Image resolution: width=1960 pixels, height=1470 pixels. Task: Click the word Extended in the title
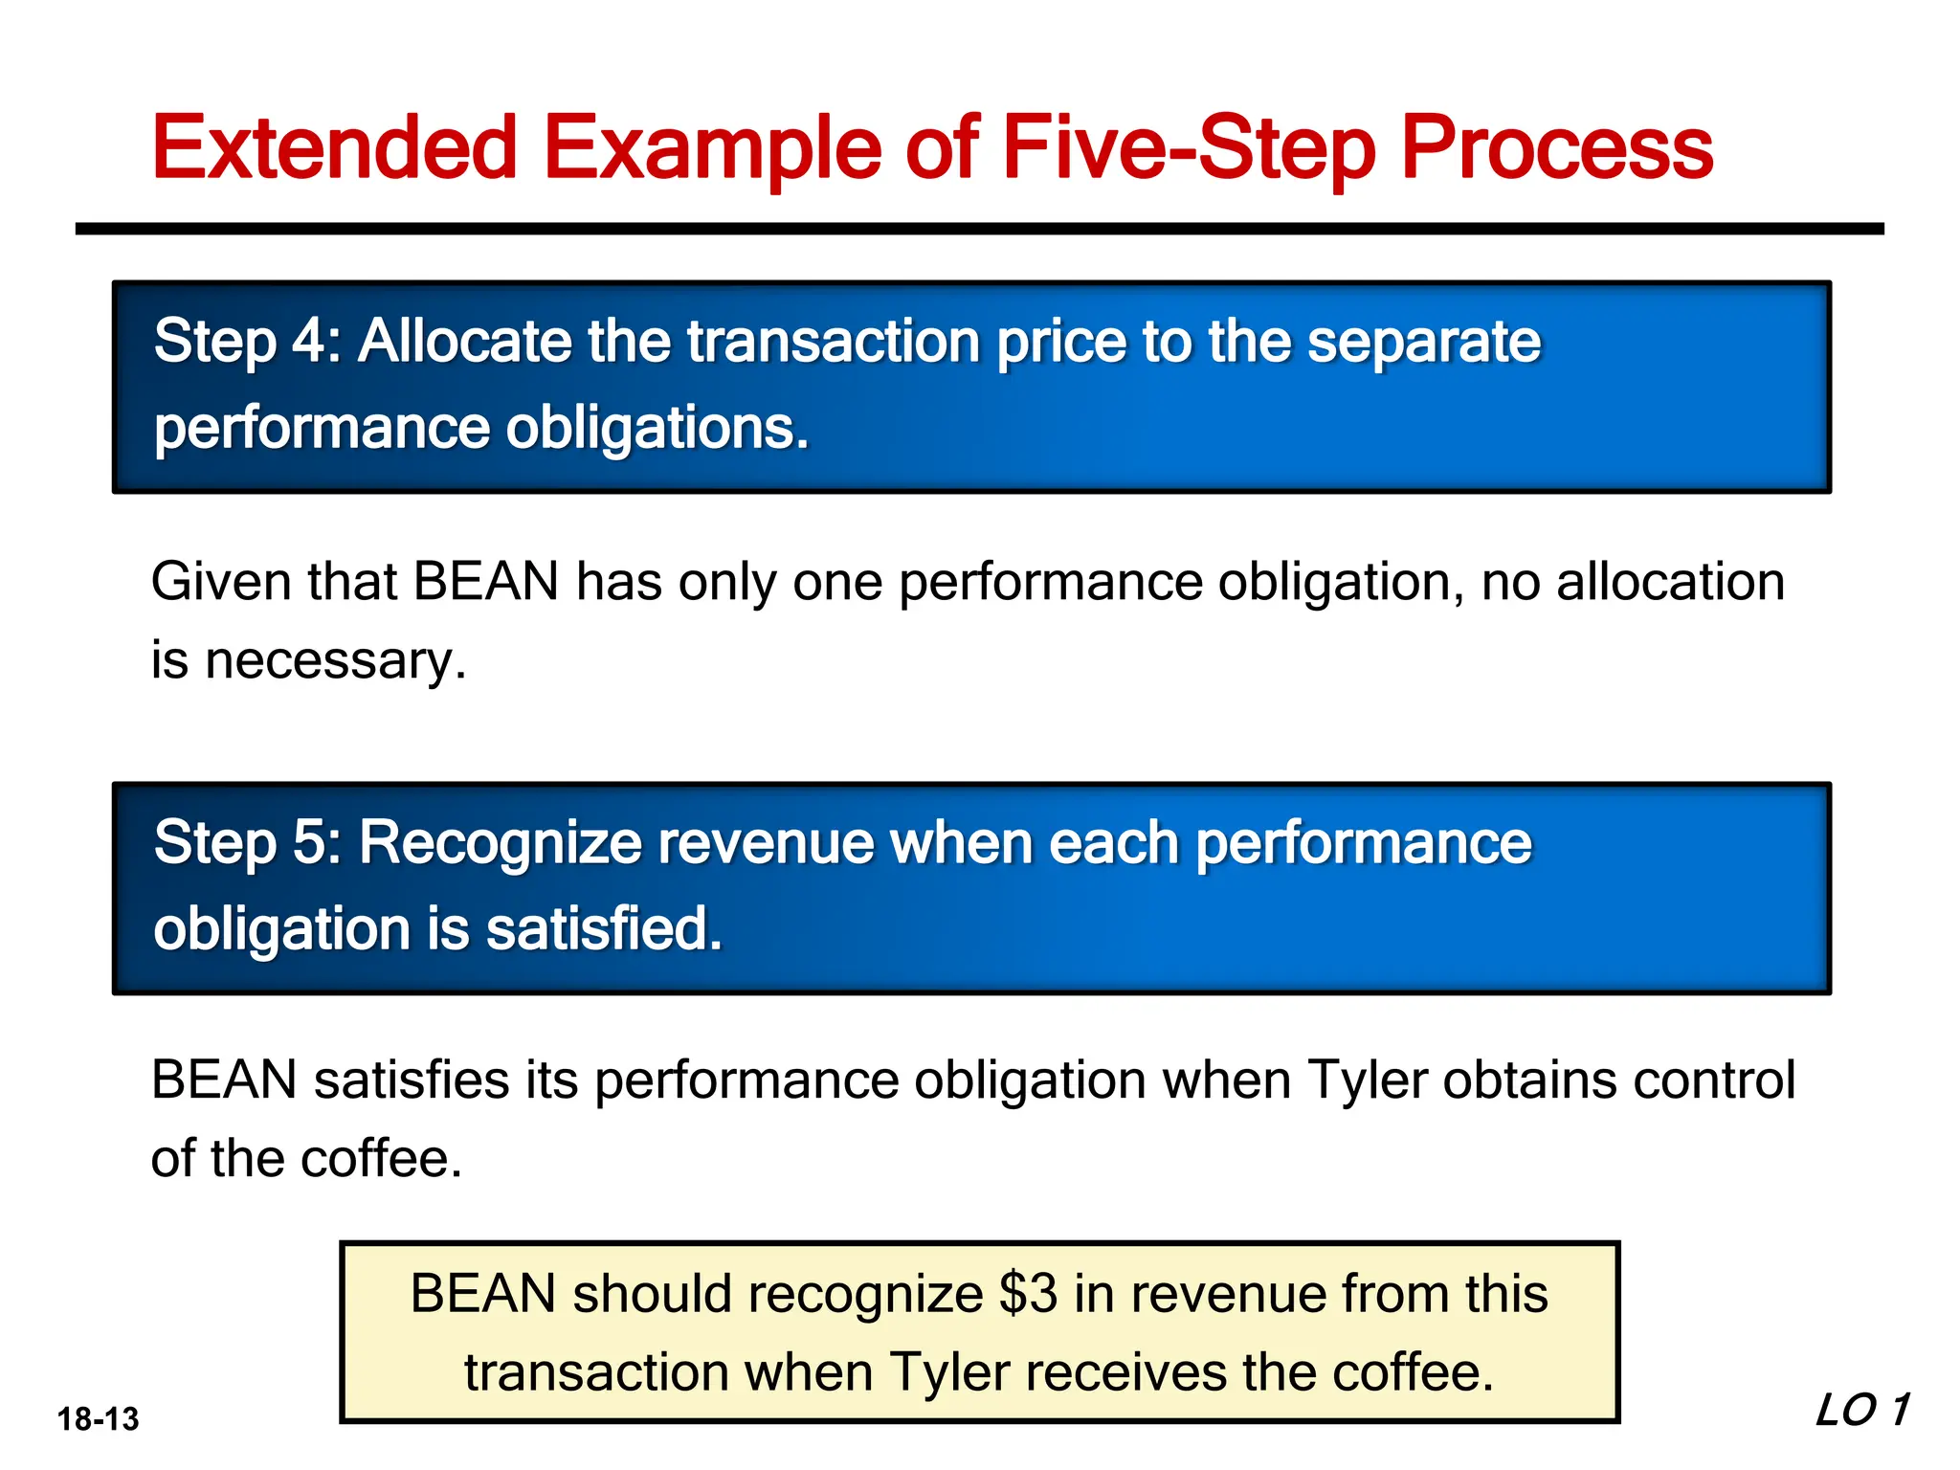click(x=335, y=148)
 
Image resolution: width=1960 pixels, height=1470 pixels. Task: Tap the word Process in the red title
click(x=1556, y=148)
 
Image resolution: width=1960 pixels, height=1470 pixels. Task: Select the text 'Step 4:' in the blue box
click(x=248, y=342)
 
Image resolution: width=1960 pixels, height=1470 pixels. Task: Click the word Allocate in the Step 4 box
click(x=464, y=342)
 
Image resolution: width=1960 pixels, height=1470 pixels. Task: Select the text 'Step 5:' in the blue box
click(x=248, y=843)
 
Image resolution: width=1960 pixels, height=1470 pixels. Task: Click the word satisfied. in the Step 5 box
click(x=604, y=929)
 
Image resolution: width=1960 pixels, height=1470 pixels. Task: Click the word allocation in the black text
click(x=1670, y=582)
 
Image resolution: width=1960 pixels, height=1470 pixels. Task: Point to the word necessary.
click(x=336, y=660)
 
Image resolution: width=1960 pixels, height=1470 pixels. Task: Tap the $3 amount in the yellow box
click(x=1028, y=1294)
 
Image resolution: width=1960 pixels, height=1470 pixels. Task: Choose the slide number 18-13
click(x=98, y=1419)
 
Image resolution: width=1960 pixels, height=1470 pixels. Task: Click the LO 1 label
click(x=1861, y=1411)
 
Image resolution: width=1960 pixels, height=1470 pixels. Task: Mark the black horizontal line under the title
click(x=979, y=229)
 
